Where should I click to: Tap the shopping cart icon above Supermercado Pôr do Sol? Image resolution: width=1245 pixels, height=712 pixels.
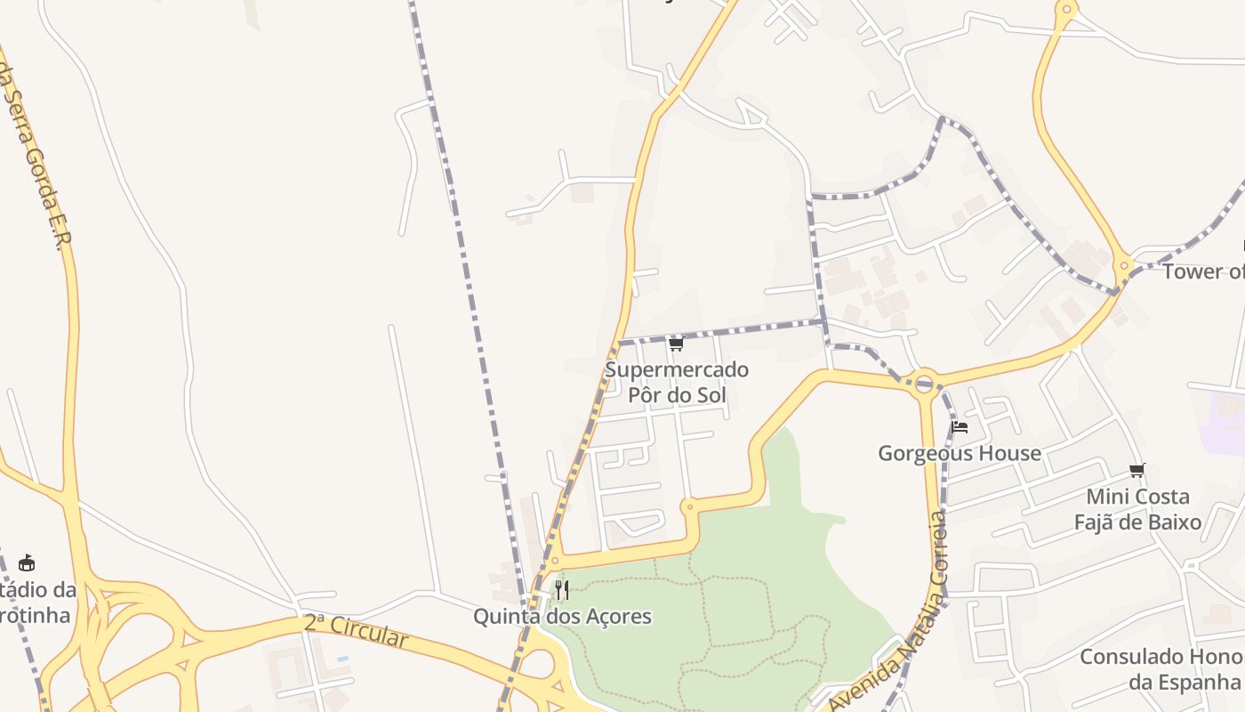click(x=676, y=344)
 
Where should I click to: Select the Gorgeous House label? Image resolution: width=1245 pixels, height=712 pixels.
click(x=960, y=453)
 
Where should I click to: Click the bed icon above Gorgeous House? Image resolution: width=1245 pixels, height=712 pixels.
click(x=959, y=427)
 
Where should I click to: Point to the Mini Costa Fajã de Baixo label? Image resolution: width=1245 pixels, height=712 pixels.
click(x=1137, y=509)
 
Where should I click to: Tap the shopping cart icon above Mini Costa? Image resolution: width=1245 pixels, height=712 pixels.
click(x=1137, y=470)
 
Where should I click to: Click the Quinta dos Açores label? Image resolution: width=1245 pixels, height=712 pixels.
click(x=562, y=616)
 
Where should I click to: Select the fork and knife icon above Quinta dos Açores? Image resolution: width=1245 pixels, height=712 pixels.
click(x=561, y=589)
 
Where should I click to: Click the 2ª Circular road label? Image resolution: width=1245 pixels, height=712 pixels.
click(x=356, y=631)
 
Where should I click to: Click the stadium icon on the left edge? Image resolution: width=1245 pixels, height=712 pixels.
click(x=27, y=562)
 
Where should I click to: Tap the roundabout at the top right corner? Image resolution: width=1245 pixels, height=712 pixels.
click(x=1065, y=12)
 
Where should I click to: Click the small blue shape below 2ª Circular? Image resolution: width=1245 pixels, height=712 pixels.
click(x=342, y=659)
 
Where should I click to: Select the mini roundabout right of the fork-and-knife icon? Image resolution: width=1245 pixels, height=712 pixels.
click(x=687, y=507)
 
